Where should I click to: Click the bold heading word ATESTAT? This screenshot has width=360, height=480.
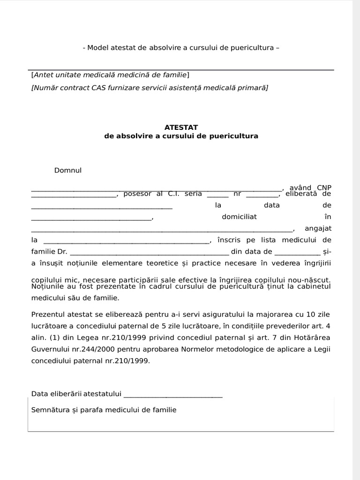click(x=181, y=127)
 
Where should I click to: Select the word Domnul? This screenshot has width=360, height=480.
click(x=68, y=170)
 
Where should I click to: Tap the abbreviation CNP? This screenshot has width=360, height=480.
click(x=324, y=188)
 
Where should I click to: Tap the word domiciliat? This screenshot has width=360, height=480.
click(x=239, y=217)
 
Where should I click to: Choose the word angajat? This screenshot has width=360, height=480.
click(x=318, y=228)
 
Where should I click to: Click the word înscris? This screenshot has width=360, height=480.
click(x=229, y=240)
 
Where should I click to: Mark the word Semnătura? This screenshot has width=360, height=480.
click(x=50, y=410)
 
